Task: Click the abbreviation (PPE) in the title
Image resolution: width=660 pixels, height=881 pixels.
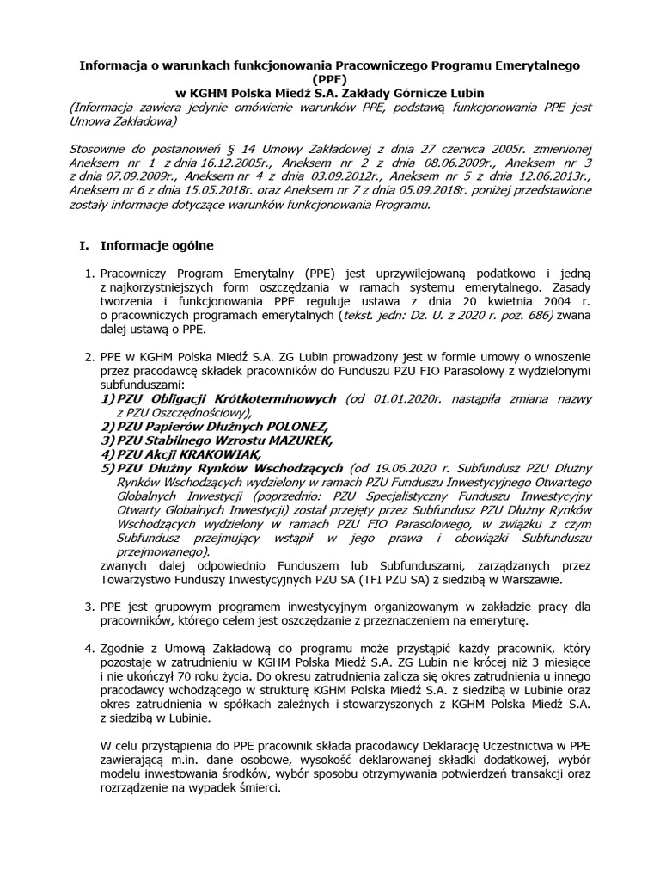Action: (x=330, y=78)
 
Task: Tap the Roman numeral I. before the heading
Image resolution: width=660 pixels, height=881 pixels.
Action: (x=83, y=245)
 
